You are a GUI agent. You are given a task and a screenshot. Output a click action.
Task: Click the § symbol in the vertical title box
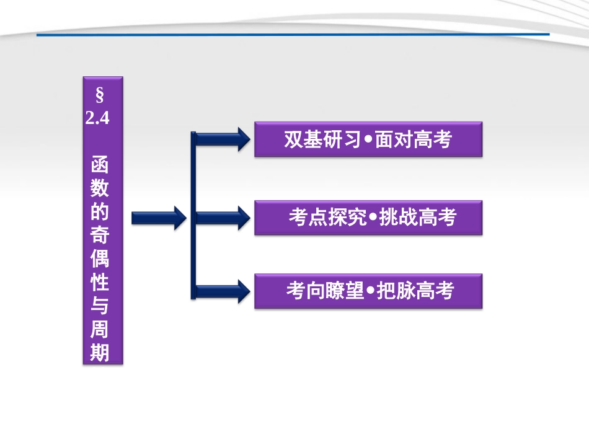99,96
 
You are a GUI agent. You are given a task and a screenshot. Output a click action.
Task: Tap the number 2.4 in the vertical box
98,118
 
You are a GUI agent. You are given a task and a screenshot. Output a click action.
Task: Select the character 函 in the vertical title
100,165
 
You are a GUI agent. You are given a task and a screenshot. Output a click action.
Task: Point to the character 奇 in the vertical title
100,237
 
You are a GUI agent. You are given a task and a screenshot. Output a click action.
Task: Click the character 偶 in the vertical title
100,260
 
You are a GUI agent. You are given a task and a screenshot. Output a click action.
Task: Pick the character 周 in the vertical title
100,330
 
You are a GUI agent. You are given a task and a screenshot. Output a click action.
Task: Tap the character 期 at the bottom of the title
100,352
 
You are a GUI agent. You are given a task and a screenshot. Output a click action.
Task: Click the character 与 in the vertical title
100,306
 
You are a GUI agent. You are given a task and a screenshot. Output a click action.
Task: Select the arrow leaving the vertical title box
159,218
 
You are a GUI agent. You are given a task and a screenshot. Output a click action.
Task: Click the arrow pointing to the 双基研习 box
221,139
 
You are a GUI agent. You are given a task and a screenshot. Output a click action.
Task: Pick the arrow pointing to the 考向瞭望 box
221,291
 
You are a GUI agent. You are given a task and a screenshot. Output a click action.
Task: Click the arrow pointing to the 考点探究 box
221,218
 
